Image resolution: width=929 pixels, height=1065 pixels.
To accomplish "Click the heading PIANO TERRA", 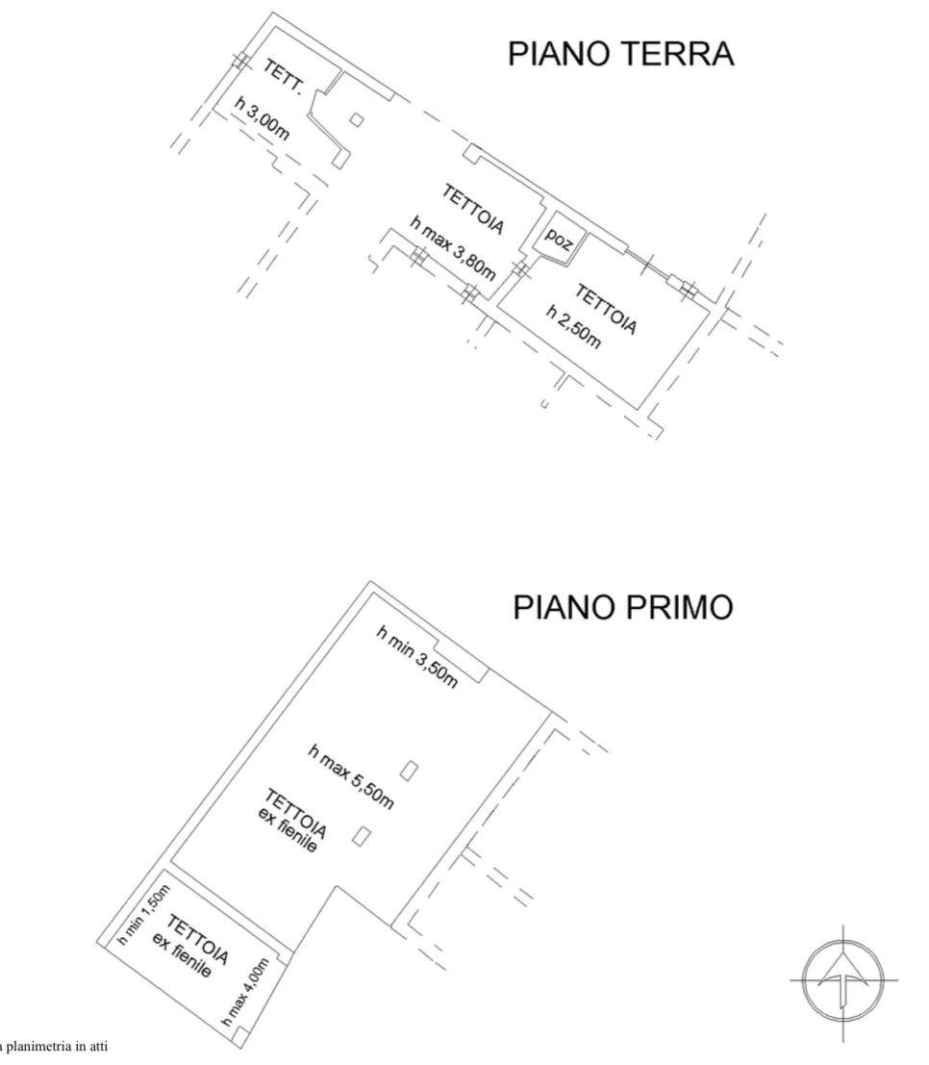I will tap(620, 54).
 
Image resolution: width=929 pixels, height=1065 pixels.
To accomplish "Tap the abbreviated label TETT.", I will tap(285, 76).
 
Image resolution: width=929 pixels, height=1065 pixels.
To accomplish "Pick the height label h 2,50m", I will tap(574, 328).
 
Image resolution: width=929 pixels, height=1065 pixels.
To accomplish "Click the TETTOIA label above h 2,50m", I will tap(606, 308).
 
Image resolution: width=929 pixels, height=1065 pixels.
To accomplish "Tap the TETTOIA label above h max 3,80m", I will tap(474, 209).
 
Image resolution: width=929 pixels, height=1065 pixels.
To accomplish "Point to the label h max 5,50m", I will tap(351, 776).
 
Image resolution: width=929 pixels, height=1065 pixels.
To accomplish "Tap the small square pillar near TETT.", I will tap(356, 120).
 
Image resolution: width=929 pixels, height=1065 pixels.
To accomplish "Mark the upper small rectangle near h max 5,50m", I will tap(410, 770).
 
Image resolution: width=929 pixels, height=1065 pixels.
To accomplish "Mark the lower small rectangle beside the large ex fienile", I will tap(363, 836).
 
